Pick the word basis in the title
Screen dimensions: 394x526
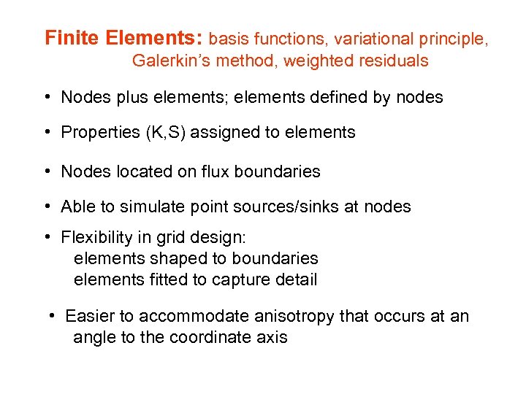click(231, 39)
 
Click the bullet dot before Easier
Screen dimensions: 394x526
click(53, 317)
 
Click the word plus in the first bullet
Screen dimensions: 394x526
click(126, 97)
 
